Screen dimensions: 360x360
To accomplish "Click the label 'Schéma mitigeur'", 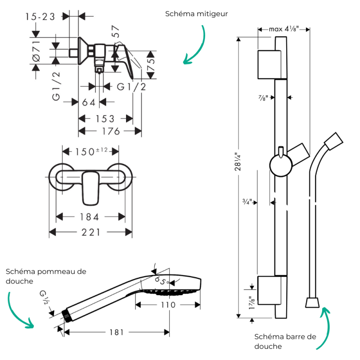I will (197, 14).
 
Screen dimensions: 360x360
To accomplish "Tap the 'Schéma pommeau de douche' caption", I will (46, 276).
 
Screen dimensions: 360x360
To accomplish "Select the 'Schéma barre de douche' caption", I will (285, 341).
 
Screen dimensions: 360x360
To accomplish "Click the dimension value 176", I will (110, 131).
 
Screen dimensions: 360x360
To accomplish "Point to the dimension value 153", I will (105, 119).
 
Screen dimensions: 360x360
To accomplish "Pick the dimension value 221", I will (90, 232).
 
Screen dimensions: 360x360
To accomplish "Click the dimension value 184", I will (90, 217).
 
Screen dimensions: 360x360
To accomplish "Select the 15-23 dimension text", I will (40, 16).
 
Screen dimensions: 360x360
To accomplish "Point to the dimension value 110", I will (168, 305).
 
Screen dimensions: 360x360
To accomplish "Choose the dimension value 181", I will (116, 332).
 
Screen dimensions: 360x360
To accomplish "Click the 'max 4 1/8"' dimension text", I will (283, 29).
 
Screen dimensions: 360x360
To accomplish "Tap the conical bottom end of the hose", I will (313, 302).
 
